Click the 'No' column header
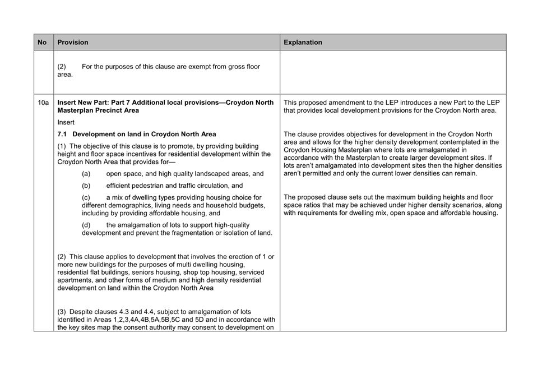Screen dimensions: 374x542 [42, 42]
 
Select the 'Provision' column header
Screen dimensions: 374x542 [73, 42]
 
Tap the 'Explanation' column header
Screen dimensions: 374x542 [303, 42]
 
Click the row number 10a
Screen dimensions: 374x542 [43, 103]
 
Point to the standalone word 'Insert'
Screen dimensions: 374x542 [66, 122]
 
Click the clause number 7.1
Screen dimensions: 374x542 [63, 134]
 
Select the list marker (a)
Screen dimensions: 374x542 [86, 174]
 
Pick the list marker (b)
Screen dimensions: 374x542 [86, 186]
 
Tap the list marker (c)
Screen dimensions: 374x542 [86, 197]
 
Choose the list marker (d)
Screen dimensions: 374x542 [86, 225]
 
